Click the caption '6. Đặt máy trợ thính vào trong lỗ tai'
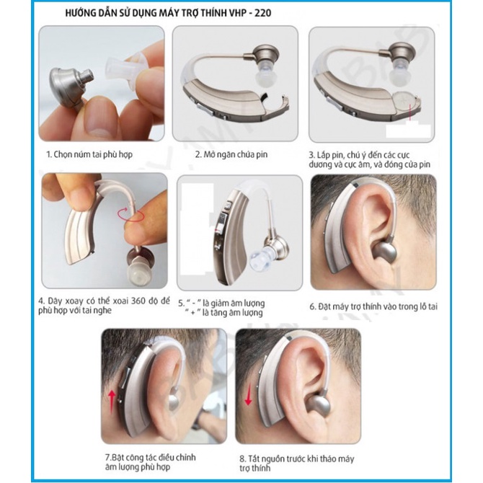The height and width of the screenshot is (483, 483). (373, 306)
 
